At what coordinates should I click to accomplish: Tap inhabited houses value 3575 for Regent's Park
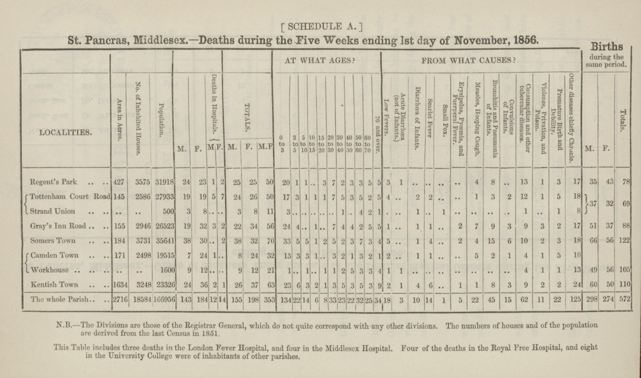coord(142,182)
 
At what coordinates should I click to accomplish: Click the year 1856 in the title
coord(523,39)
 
